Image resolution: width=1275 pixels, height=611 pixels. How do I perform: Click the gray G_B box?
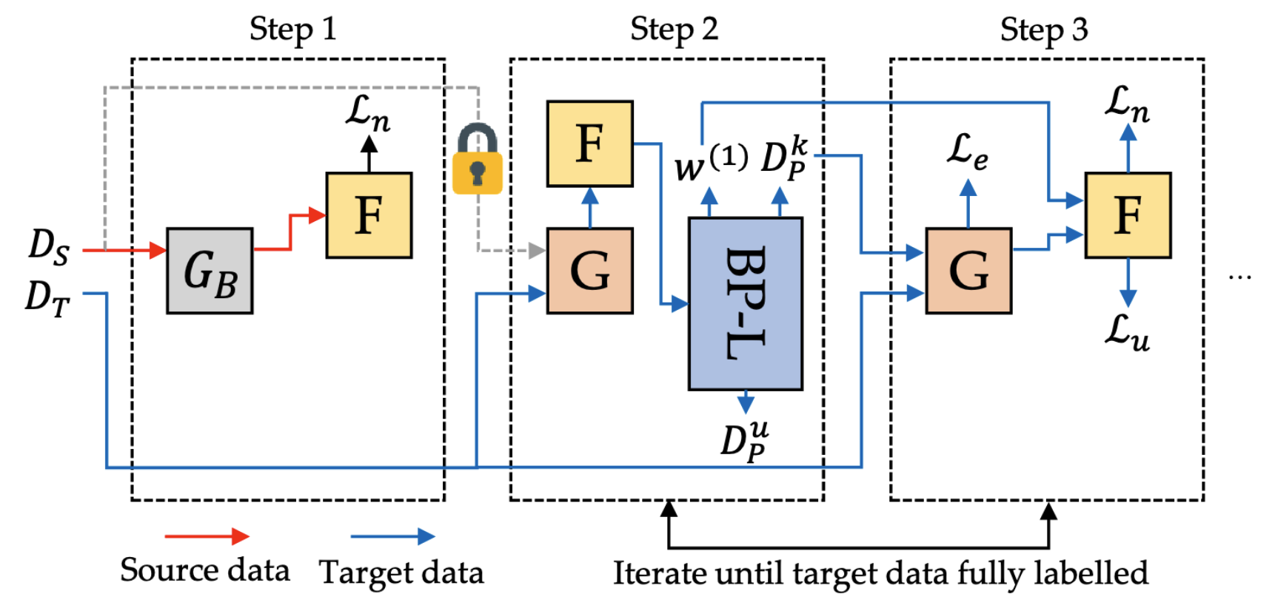[x=210, y=271]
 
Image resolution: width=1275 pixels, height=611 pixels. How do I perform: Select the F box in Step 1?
[x=369, y=215]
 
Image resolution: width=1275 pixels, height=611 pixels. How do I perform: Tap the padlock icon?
[x=478, y=160]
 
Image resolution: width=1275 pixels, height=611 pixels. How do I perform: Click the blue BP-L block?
[x=745, y=303]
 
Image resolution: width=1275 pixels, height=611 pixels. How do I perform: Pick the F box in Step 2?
[x=589, y=144]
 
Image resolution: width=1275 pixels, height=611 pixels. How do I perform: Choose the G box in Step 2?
[x=589, y=271]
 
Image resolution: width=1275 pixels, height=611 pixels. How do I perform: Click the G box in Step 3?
[x=968, y=271]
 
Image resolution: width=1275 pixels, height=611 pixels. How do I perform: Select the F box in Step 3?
[x=1127, y=215]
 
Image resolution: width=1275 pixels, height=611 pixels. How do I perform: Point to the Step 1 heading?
[x=292, y=30]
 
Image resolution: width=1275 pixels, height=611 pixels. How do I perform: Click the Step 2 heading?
[x=674, y=30]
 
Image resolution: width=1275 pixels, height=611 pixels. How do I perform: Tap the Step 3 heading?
[x=1044, y=30]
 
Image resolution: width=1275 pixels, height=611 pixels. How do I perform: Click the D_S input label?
[x=49, y=246]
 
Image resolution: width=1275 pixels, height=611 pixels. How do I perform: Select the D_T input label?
[x=47, y=297]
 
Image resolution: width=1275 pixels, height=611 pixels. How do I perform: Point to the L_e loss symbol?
[x=967, y=152]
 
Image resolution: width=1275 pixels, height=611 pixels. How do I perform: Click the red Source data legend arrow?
[x=207, y=536]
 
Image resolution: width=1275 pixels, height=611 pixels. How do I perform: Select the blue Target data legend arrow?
[x=392, y=536]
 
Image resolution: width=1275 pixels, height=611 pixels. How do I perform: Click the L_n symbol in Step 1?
[x=368, y=113]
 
